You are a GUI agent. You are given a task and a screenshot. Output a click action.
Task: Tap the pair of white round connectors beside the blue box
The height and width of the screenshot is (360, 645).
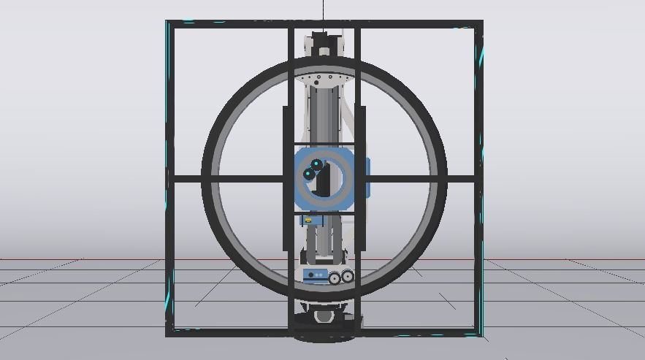[341, 277]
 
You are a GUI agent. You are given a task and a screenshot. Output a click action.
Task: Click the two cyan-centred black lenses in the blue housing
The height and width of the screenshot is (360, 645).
[315, 169]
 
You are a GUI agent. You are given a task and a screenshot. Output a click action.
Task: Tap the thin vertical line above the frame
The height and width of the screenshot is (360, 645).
[324, 10]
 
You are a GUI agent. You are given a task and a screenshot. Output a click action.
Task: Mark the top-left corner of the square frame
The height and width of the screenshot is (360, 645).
[169, 23]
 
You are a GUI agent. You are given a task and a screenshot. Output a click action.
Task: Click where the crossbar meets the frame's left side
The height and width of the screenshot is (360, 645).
[169, 178]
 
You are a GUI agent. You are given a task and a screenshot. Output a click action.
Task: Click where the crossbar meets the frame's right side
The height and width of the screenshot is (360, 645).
[479, 178]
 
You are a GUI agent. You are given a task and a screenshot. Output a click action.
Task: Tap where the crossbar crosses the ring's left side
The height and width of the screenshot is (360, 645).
[207, 178]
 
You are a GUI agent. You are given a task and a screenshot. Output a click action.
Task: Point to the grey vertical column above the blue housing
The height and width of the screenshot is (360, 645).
[324, 113]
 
